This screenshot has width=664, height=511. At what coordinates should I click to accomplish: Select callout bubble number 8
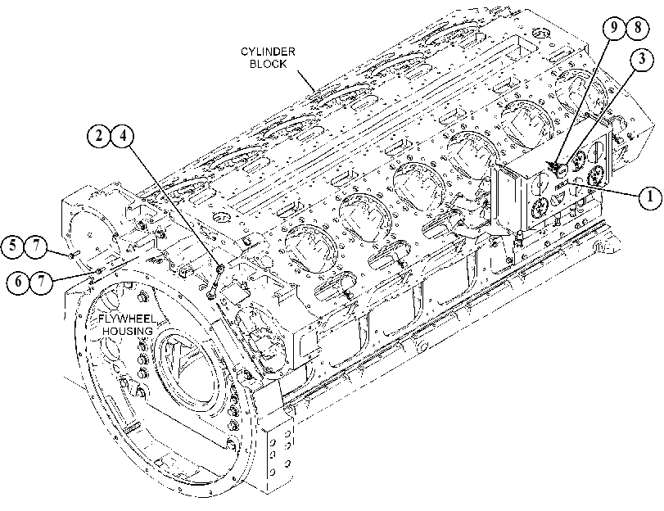638,28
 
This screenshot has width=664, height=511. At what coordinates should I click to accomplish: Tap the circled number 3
643,59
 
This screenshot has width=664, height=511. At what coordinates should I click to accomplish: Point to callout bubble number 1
649,197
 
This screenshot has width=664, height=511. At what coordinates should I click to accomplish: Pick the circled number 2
99,136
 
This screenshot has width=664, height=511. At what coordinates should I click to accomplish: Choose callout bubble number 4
122,136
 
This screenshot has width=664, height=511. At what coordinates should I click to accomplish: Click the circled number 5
13,246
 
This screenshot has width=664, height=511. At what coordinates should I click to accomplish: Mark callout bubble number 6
18,281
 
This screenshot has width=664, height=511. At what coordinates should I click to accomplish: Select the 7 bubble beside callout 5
36,246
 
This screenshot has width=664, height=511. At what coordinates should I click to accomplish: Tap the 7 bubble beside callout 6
42,281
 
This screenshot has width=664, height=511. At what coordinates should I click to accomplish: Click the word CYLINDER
268,52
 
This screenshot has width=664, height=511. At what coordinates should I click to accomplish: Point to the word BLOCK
268,64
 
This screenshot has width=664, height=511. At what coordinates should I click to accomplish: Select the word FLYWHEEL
128,319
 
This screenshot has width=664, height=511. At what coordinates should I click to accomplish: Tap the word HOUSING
128,331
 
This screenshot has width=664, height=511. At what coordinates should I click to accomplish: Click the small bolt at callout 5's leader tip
73,255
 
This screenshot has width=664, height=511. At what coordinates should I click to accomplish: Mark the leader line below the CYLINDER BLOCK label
305,81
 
